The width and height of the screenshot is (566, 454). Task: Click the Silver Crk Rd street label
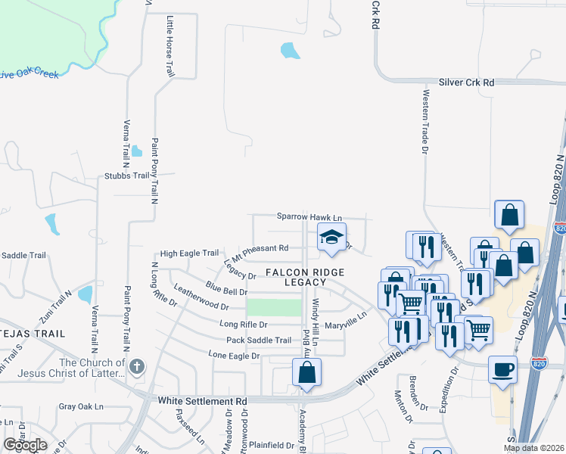pos(466,82)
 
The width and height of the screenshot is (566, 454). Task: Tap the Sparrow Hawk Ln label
pos(309,217)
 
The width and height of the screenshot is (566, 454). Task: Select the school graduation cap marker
pos(331,238)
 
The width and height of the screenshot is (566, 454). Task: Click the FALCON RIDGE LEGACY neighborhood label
pos(305,277)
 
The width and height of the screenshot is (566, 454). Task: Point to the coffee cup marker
pos(503,371)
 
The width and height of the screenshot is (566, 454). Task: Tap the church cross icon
pos(136,368)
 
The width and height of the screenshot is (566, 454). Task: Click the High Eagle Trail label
pos(189,253)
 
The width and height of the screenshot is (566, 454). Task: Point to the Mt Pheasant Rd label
pos(261,248)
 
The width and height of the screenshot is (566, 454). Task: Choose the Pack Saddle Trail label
pos(258,340)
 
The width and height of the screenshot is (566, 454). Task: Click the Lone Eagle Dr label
pos(234,355)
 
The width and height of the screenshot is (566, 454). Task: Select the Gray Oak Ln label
pos(80,406)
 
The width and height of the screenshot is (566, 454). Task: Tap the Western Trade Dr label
pos(426,121)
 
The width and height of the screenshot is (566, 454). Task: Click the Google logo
pos(25,445)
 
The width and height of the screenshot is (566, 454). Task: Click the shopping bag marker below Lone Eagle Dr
pos(306,372)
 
